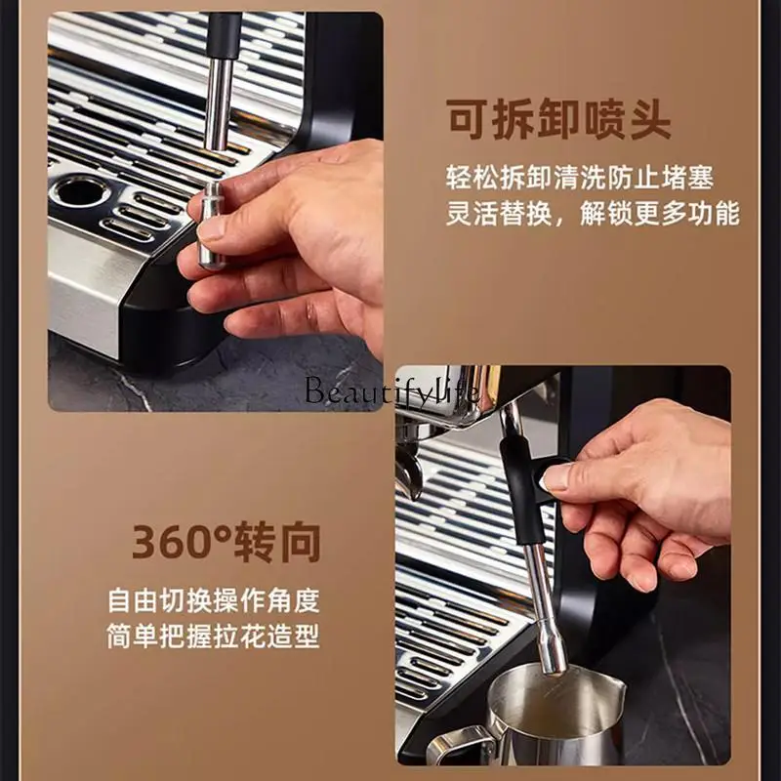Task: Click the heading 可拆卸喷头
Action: pyautogui.click(x=557, y=120)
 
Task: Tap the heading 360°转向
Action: pyautogui.click(x=226, y=542)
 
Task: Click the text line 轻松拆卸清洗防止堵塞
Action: pyautogui.click(x=579, y=178)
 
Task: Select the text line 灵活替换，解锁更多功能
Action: pyautogui.click(x=593, y=214)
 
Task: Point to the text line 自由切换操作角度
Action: pyautogui.click(x=213, y=600)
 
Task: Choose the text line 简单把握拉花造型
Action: pyautogui.click(x=213, y=637)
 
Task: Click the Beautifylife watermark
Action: pyautogui.click(x=391, y=390)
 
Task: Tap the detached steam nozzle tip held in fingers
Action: pyautogui.click(x=212, y=226)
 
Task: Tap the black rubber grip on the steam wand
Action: pyautogui.click(x=521, y=488)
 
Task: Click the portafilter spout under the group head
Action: pyautogui.click(x=409, y=474)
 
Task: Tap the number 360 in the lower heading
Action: pyautogui.click(x=176, y=543)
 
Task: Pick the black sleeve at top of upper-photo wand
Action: pyautogui.click(x=224, y=36)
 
